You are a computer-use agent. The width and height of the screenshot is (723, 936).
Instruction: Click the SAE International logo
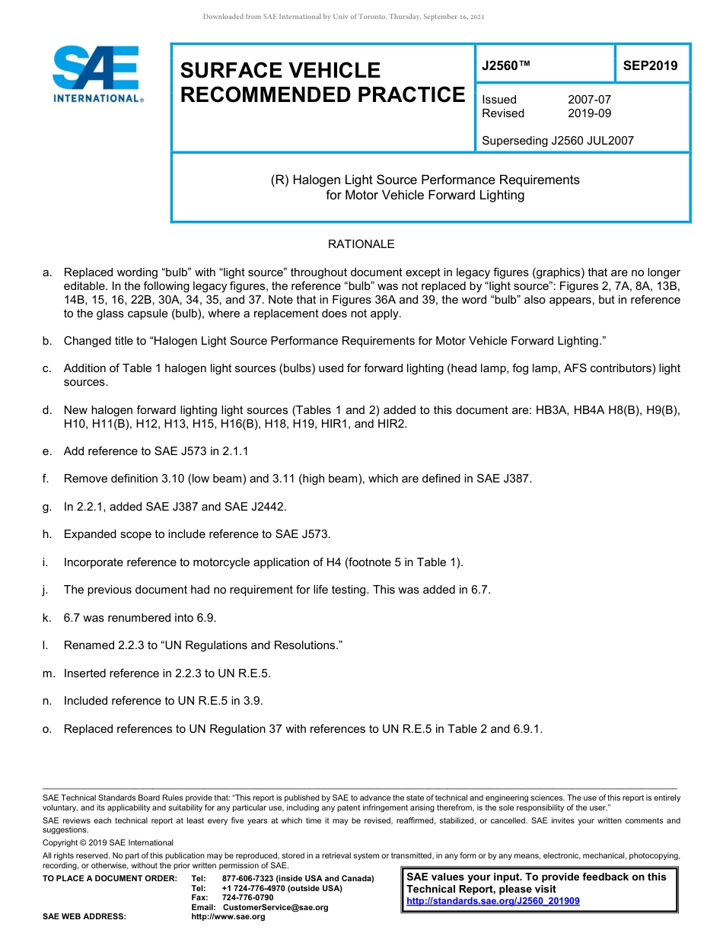pos(96,74)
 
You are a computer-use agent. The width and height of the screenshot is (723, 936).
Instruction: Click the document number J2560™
pos(505,66)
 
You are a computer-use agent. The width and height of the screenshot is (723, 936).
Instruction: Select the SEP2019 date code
pos(650,66)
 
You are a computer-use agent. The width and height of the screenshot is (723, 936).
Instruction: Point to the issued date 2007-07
pos(589,100)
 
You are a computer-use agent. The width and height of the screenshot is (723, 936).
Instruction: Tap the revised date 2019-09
pos(589,113)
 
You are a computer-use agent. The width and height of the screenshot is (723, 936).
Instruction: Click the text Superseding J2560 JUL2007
pos(558,140)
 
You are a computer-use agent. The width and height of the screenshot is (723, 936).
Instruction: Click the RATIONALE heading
pos(361,244)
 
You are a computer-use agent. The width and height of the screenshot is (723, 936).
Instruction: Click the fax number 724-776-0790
pos(248,898)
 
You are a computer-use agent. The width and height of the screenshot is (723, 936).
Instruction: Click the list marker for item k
pos(46,618)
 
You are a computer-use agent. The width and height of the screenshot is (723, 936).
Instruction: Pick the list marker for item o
pos(47,729)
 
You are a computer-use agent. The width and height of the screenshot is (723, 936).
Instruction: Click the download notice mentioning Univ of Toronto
pos(343,17)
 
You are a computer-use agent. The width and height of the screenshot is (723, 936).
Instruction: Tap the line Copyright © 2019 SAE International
pos(108,842)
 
